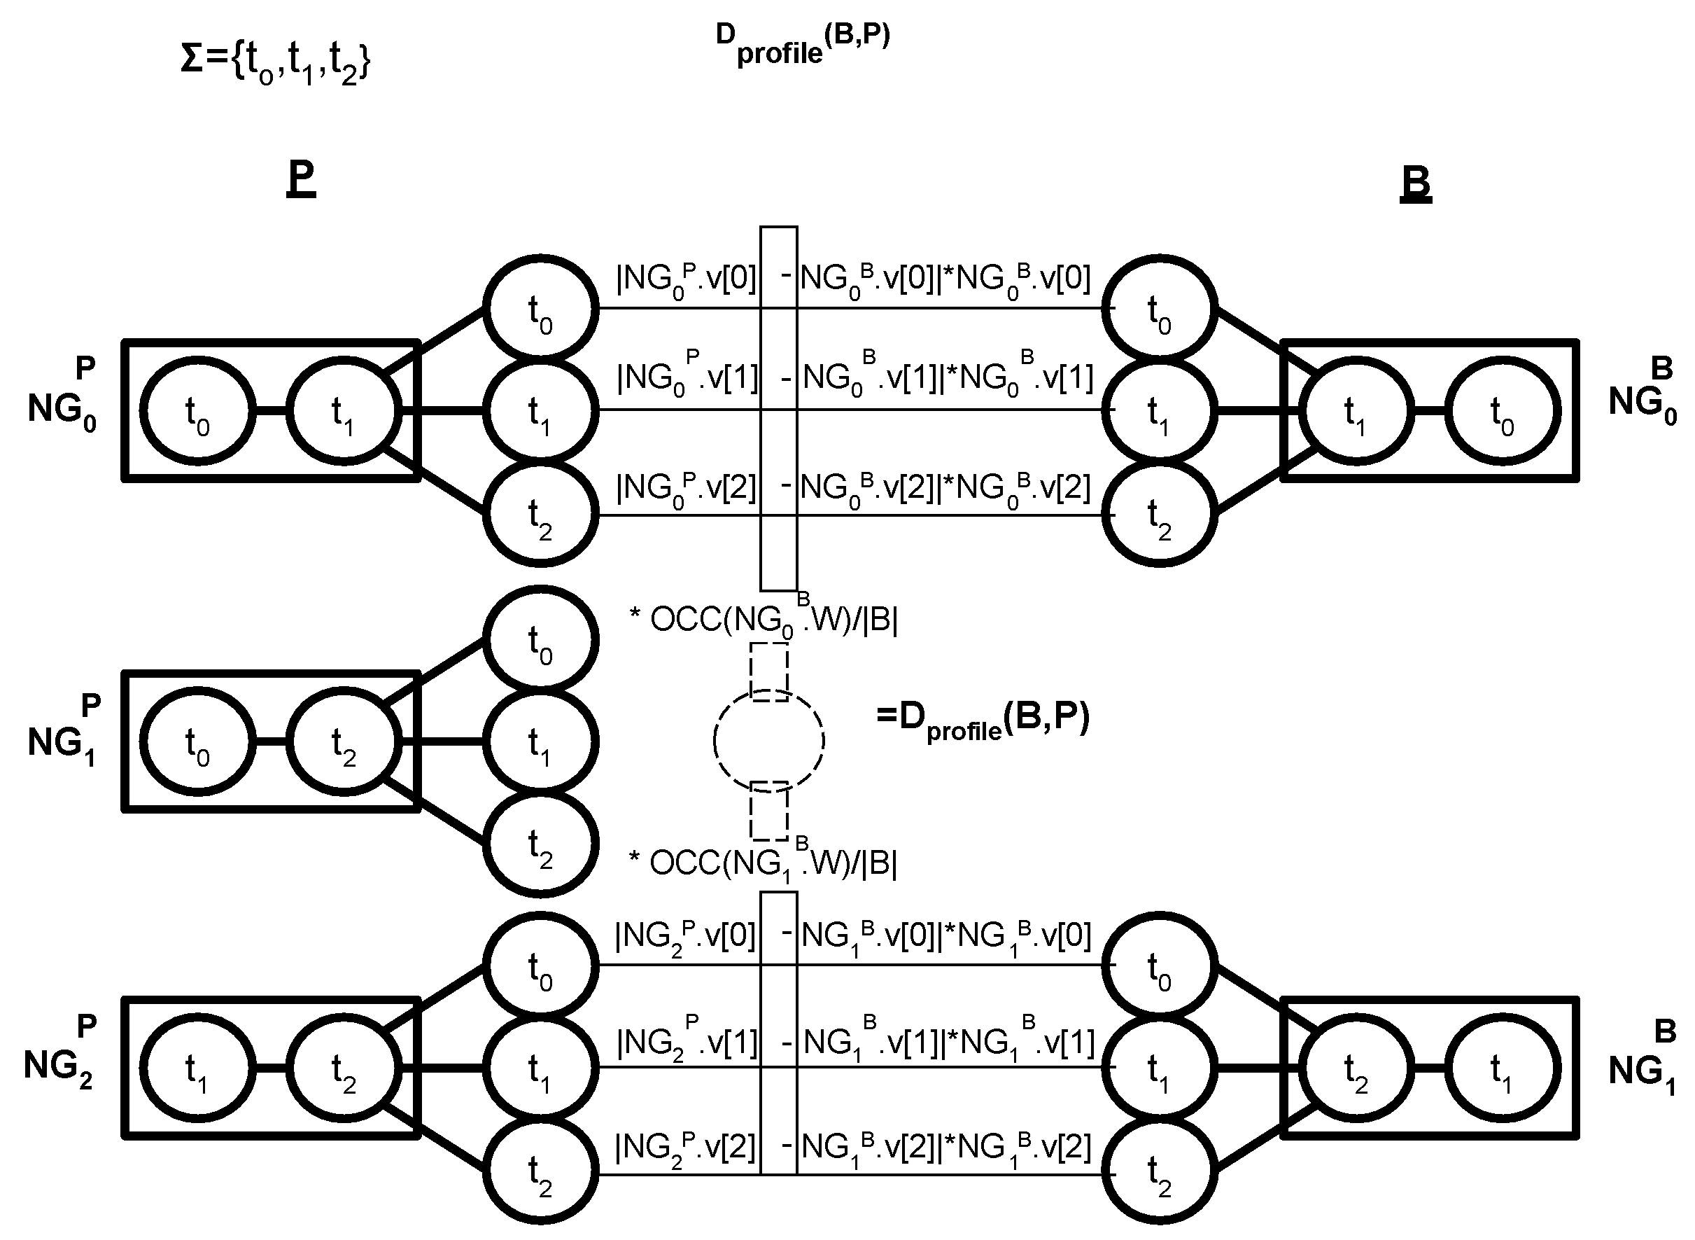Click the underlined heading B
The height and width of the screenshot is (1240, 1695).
(1416, 183)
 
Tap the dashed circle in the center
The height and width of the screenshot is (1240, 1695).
(769, 741)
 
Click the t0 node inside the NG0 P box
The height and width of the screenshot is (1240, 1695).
(197, 411)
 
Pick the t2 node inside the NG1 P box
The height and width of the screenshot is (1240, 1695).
(344, 741)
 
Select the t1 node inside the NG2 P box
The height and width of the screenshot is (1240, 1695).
(197, 1069)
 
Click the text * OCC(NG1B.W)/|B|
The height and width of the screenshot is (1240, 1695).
(763, 863)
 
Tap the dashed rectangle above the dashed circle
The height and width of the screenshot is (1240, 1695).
(769, 671)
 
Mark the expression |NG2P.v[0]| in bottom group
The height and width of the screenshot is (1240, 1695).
(685, 936)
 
